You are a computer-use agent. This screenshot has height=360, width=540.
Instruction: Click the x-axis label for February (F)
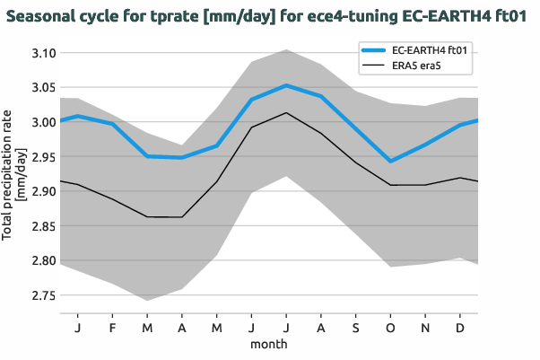112,327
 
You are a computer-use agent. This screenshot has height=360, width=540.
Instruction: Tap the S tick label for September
355,327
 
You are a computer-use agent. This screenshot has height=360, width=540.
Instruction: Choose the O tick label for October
390,327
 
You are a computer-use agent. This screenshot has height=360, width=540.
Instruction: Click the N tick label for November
425,327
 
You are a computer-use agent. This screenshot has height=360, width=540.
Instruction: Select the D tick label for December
460,327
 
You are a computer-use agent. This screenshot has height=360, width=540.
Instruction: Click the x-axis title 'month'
268,344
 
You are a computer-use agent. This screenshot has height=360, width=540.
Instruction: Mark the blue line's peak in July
286,85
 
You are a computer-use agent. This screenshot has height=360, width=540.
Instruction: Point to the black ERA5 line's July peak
286,112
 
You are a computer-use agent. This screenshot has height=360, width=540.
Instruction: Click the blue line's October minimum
390,162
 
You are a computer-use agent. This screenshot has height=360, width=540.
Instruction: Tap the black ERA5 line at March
147,216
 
